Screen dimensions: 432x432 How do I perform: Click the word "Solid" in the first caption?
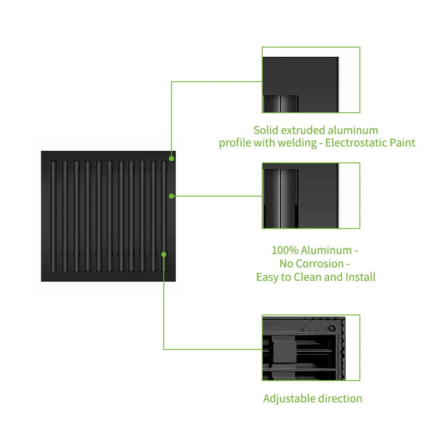pos(265,130)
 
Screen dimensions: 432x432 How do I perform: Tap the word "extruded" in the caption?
pos(301,130)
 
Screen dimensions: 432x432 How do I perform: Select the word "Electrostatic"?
pos(362,143)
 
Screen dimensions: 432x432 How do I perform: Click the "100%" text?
pos(284,250)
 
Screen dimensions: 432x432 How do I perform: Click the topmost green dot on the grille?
pos(172,159)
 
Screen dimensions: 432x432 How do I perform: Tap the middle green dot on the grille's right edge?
pos(172,196)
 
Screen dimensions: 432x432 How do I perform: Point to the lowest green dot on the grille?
pos(164,254)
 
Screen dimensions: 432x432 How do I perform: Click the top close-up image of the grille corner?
pos(311,80)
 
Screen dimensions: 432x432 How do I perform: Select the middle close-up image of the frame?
pos(311,196)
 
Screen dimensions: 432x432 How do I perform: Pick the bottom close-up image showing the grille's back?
pos(311,348)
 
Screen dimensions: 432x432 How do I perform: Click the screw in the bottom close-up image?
pos(332,328)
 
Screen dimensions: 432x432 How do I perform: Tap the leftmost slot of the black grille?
pos(53,216)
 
